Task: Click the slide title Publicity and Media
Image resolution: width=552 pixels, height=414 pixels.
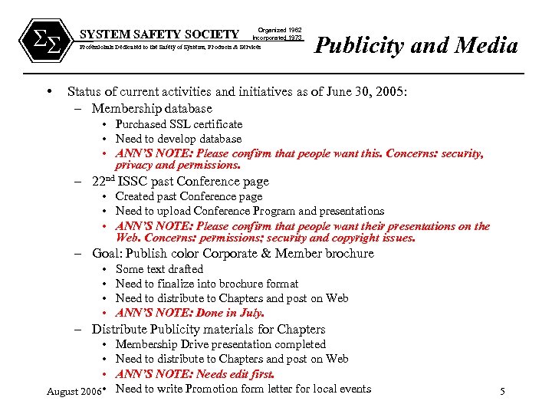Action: click(x=417, y=45)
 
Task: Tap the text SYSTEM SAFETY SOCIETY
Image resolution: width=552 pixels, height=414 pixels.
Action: click(x=159, y=34)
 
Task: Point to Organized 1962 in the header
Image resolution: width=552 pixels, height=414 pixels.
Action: click(x=279, y=29)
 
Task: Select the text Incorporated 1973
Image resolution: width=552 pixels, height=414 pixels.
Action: click(x=277, y=38)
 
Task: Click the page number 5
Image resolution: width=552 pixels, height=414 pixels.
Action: click(x=502, y=392)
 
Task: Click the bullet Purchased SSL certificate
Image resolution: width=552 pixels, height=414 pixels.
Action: click(x=179, y=124)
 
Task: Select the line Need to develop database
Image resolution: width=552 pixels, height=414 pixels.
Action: click(x=178, y=139)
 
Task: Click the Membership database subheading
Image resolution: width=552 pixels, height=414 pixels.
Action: click(x=152, y=108)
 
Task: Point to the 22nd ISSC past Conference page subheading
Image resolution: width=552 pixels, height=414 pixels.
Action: click(x=180, y=181)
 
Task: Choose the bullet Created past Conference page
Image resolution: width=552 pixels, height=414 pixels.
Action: click(x=189, y=196)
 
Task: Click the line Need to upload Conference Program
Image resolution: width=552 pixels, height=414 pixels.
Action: click(x=249, y=211)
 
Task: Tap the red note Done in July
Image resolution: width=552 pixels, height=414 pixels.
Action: click(x=190, y=313)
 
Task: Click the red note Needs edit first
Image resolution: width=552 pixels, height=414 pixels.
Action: click(x=195, y=374)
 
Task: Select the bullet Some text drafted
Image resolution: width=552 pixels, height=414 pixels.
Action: click(x=159, y=269)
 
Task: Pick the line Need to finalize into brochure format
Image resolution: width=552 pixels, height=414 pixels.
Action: click(x=207, y=284)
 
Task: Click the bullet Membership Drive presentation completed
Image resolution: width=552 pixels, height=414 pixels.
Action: click(x=220, y=344)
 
